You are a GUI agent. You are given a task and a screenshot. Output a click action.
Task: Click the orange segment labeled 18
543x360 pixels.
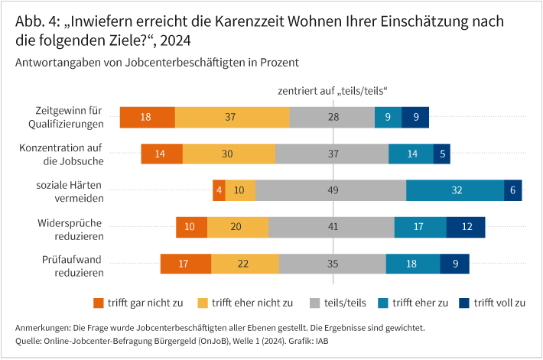click(147, 117)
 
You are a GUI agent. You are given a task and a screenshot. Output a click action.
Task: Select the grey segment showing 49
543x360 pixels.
click(330, 190)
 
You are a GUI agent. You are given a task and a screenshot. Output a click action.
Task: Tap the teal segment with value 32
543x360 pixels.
click(455, 190)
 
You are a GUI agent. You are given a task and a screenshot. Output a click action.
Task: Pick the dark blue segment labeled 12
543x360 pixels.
click(466, 227)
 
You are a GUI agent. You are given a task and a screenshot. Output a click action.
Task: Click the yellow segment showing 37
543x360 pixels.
click(232, 117)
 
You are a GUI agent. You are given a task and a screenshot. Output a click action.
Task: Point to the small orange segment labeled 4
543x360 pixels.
click(219, 190)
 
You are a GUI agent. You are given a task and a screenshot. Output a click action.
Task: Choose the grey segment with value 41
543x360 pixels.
click(331, 227)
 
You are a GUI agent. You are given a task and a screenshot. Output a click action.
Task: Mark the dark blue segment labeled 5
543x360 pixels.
click(443, 154)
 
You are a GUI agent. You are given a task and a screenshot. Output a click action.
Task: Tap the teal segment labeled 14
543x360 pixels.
click(411, 154)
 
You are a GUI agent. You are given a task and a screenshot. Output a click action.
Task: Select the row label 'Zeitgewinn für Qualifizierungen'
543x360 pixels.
click(70, 117)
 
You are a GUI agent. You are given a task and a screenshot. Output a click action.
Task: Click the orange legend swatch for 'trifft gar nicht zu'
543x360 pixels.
click(98, 302)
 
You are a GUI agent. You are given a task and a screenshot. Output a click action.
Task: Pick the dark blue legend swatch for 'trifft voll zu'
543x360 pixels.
click(463, 302)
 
